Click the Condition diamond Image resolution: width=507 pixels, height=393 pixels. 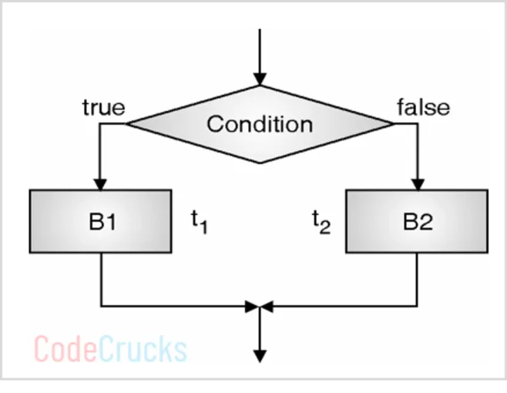pos(260,123)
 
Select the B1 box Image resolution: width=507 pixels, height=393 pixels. pos(102,221)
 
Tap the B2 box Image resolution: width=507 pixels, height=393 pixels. pos(417,221)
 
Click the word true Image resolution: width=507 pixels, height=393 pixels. pos(103,107)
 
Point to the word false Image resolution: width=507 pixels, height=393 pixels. pos(422,106)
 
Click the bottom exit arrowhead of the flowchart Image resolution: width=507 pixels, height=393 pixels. pos(260,355)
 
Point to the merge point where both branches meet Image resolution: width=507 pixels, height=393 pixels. pos(260,306)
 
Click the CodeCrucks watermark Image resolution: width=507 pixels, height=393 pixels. pos(110,348)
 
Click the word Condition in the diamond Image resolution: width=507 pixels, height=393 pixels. pos(260,123)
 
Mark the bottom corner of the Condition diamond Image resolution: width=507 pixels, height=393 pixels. pos(260,162)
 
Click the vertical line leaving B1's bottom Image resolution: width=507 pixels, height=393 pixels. pos(102,277)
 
